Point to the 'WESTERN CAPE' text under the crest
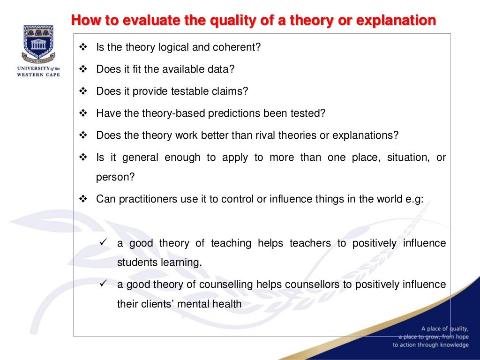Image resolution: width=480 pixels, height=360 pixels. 38,75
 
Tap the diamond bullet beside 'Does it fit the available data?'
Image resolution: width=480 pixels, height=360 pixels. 84,69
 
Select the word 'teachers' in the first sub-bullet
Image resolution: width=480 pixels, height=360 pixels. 307,243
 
